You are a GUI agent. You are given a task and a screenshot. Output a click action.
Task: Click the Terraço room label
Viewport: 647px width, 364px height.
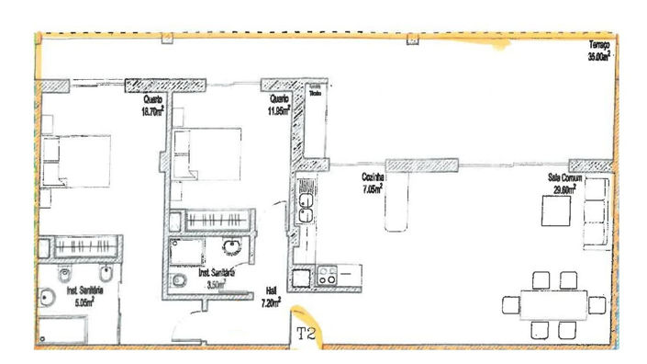pos(599,46)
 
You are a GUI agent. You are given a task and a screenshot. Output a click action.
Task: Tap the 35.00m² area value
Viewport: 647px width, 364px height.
pos(599,55)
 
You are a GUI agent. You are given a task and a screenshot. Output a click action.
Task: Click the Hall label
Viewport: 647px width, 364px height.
pos(271,288)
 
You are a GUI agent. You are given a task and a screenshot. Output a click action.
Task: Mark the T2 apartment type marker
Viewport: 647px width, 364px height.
pos(307,335)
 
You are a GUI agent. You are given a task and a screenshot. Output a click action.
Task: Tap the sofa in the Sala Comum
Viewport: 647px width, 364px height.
pos(597,211)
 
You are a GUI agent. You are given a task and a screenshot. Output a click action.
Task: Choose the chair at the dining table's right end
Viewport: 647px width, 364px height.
pos(597,303)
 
